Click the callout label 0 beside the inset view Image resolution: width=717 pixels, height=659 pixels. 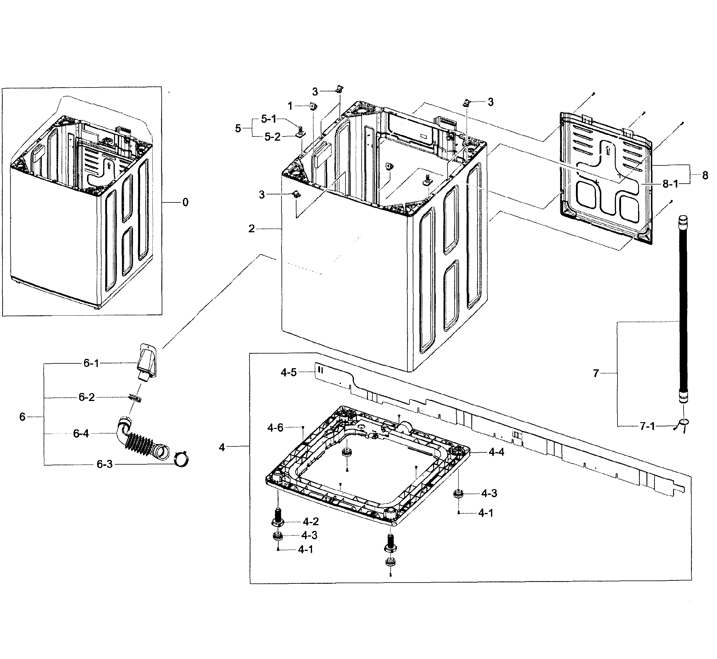point(185,202)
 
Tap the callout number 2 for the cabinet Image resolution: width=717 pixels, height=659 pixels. point(252,229)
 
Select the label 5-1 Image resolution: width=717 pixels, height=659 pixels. point(269,119)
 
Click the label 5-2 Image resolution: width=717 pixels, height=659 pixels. point(272,137)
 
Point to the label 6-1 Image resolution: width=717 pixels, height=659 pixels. point(91,363)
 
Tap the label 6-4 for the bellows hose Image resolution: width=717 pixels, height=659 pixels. point(81,434)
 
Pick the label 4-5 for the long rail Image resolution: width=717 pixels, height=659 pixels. point(288,373)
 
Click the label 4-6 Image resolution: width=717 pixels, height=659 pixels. point(275,428)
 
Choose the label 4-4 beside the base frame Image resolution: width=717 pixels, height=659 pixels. point(496,452)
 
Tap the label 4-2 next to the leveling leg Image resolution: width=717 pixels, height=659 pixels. point(311,522)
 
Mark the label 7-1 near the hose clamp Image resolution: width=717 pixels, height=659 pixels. point(647,426)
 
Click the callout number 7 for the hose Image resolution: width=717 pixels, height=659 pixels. point(595,373)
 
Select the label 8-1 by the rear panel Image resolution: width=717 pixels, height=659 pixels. point(670,184)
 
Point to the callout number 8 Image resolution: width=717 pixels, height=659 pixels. point(705,176)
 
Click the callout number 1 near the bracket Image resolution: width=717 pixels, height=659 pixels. point(290,106)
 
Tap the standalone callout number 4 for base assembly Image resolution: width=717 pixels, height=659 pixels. point(222,447)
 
